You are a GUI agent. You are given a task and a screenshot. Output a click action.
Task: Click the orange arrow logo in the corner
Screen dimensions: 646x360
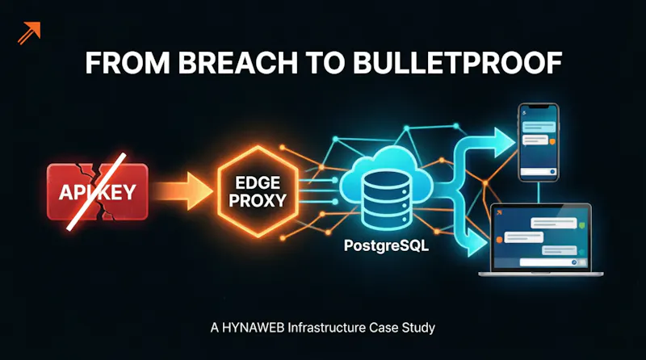29,32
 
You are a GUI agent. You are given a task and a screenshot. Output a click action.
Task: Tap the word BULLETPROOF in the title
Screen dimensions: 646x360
457,63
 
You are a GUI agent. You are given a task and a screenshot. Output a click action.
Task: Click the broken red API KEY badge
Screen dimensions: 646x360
97,191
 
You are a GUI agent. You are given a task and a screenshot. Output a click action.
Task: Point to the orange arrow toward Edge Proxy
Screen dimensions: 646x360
184,191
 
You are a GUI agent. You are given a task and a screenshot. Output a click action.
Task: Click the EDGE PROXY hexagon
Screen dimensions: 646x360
258,191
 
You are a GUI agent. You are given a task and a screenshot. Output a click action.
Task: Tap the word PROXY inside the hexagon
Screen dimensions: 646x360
258,201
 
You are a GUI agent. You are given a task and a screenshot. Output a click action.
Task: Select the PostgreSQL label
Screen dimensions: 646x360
386,246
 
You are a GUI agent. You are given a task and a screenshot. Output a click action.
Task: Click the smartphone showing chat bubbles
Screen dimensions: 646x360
539,143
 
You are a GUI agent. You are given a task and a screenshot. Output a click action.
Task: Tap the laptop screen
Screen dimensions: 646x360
540,237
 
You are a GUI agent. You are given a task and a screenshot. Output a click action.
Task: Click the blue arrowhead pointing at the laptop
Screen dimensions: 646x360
478,243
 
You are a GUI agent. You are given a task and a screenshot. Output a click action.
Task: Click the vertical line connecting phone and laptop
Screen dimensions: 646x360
539,192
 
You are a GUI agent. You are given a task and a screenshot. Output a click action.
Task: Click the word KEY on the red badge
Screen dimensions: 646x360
116,192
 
